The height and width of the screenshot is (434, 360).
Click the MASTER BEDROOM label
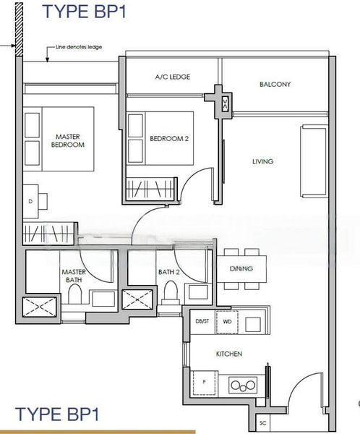(68, 140)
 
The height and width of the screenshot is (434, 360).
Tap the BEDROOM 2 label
(169, 139)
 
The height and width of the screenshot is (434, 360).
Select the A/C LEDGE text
(172, 77)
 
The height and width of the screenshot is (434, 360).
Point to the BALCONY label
(275, 85)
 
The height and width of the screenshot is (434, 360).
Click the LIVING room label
(262, 161)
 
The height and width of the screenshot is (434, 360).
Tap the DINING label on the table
(241, 268)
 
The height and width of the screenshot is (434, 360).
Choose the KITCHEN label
(228, 354)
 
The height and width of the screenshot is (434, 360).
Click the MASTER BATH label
(73, 276)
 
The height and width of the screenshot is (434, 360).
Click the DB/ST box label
(202, 320)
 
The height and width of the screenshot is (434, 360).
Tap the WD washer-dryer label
(227, 320)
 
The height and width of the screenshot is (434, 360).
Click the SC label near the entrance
(262, 422)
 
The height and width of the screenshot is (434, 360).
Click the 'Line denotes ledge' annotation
(79, 48)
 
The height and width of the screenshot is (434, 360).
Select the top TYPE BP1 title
(80, 11)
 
